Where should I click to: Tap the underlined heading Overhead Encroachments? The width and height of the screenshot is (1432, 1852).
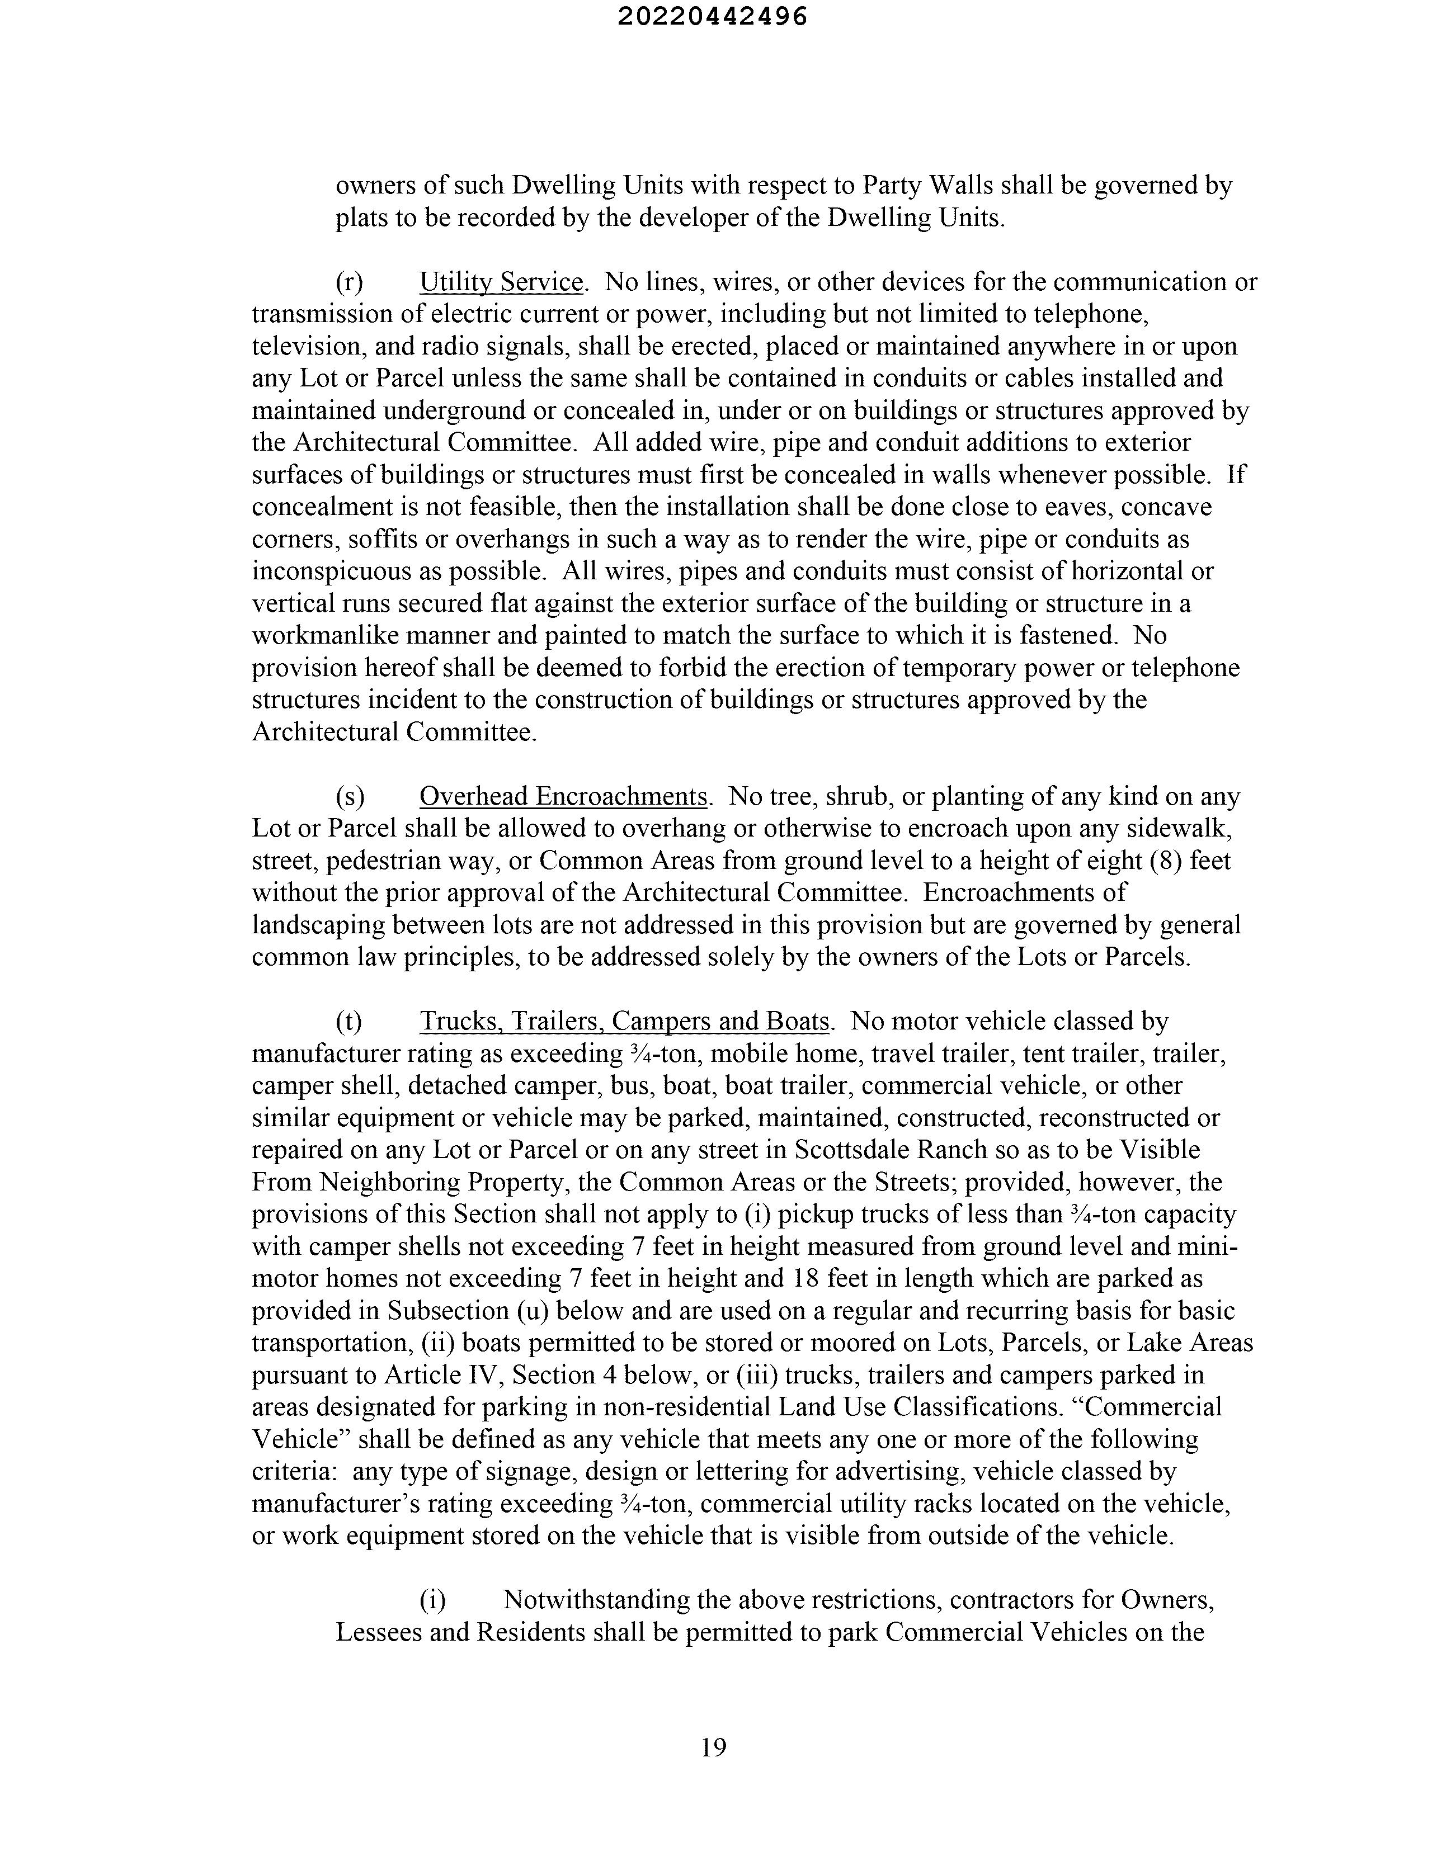tap(563, 796)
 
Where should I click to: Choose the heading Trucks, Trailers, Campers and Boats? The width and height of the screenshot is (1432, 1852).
tap(624, 1021)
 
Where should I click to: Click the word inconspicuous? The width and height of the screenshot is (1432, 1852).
tap(320, 571)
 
